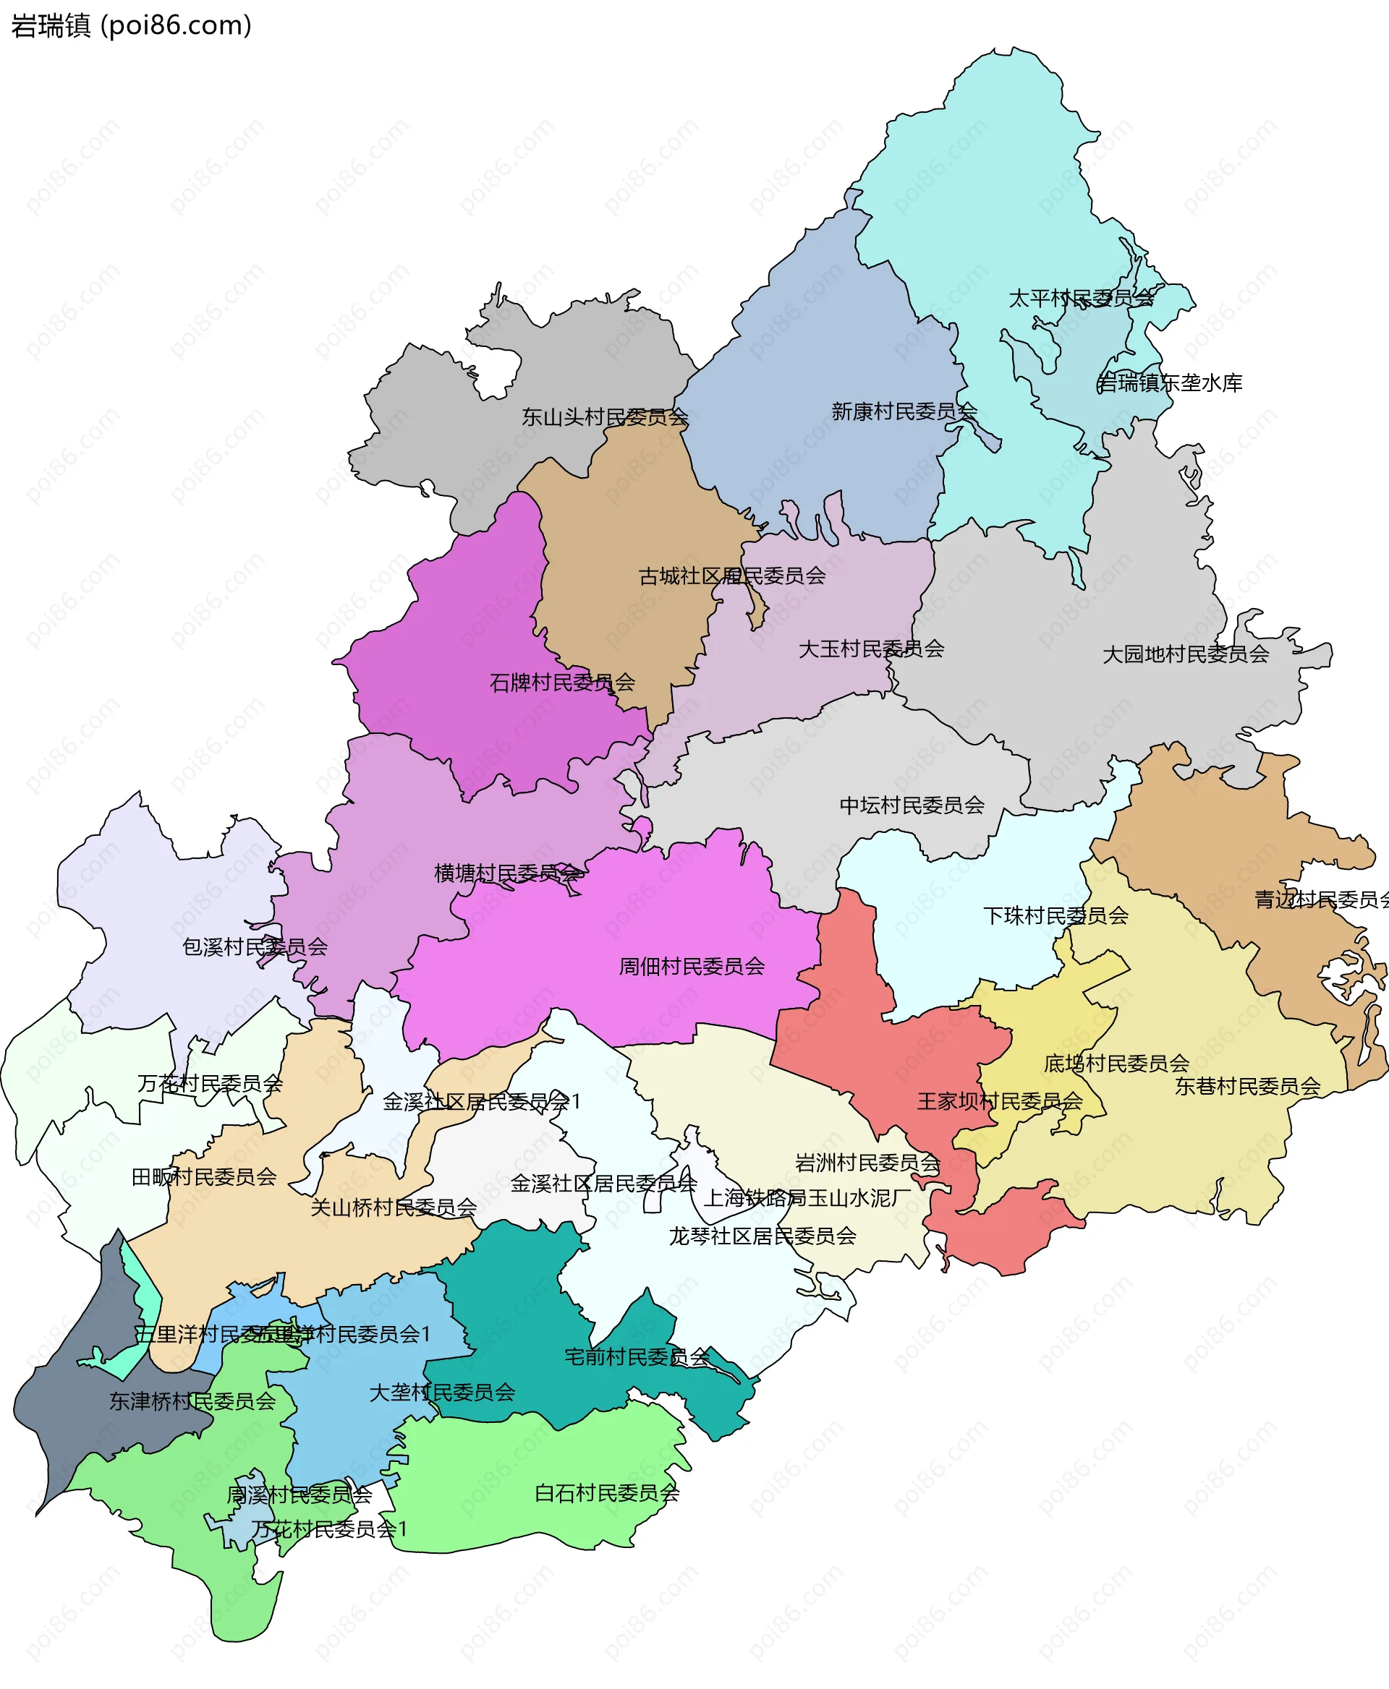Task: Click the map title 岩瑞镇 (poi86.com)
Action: (x=131, y=25)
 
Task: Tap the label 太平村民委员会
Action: (x=1081, y=299)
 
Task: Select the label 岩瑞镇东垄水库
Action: (x=1170, y=383)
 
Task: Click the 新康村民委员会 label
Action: (x=904, y=411)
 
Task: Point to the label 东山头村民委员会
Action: (x=605, y=416)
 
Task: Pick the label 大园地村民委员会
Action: (x=1186, y=654)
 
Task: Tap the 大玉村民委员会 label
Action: (x=871, y=649)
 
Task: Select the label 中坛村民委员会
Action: (x=912, y=805)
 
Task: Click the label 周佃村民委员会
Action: (x=692, y=966)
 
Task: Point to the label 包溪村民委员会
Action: (x=255, y=947)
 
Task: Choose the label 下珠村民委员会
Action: (x=1055, y=915)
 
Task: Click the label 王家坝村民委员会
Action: (x=999, y=1101)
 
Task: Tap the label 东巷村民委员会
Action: (x=1247, y=1086)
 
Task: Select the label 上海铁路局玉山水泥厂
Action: (x=807, y=1197)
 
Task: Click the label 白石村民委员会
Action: (x=607, y=1492)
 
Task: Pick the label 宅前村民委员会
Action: (x=637, y=1356)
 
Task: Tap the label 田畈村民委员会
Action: (x=204, y=1176)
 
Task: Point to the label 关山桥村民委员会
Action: (x=394, y=1207)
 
